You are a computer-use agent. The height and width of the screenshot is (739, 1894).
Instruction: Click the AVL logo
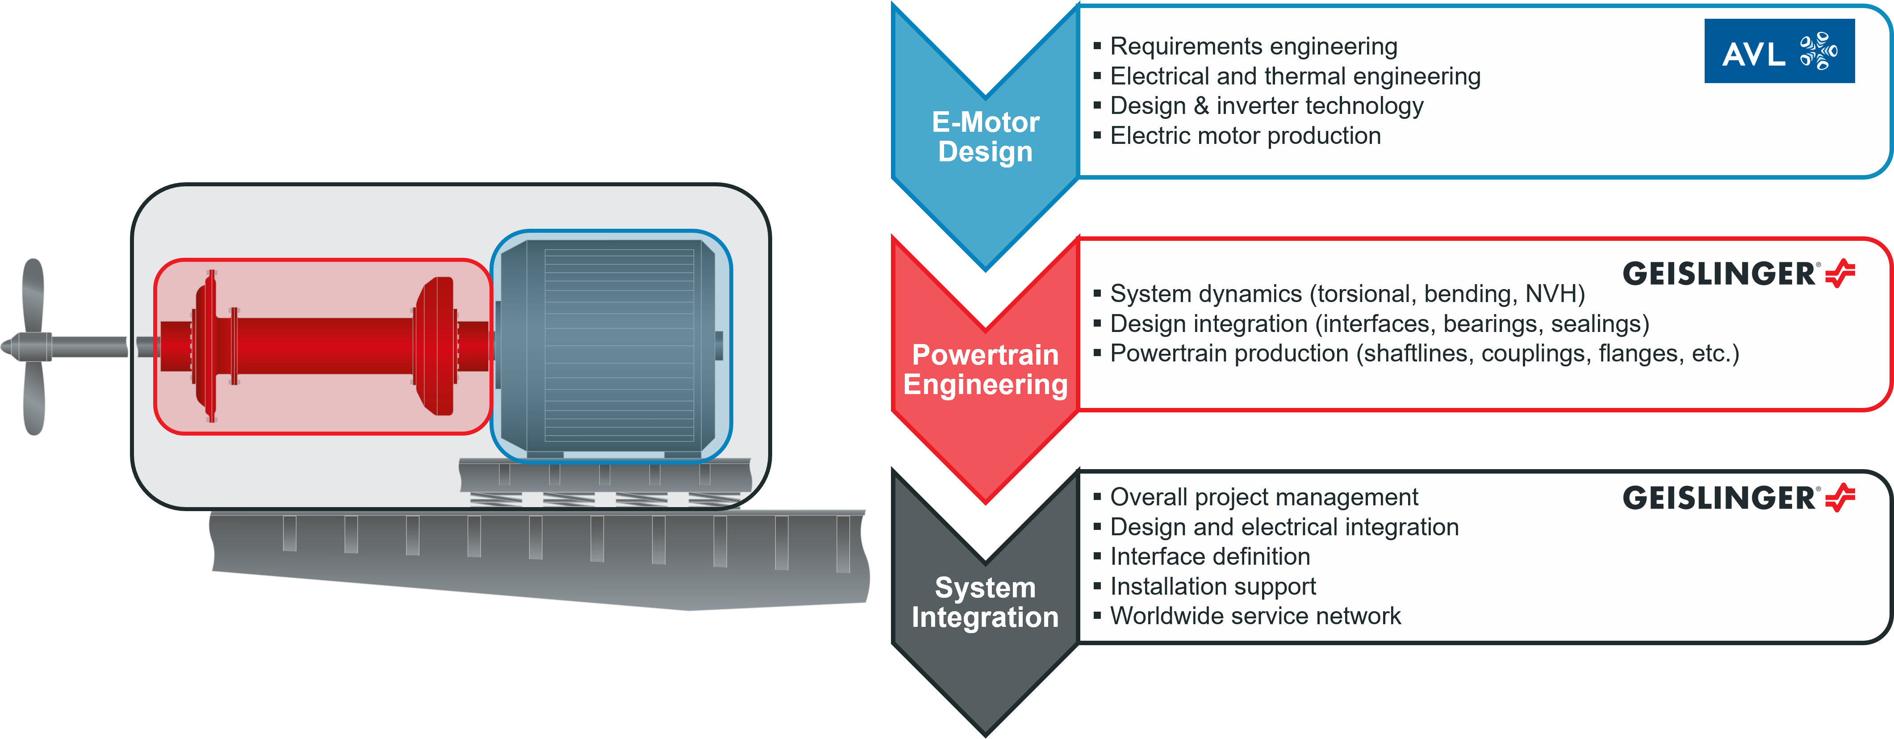point(1779,51)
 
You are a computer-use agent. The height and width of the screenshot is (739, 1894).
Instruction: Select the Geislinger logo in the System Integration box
point(1738,498)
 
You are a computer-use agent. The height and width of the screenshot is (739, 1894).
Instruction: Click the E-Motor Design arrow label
point(985,137)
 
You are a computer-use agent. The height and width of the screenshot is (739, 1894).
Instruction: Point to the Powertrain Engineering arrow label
point(985,370)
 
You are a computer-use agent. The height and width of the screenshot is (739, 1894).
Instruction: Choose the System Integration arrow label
point(985,602)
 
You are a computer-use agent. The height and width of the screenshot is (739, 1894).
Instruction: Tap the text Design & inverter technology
point(1266,106)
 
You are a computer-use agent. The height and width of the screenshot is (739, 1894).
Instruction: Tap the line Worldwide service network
point(1255,616)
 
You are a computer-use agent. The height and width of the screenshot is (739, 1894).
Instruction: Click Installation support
point(1212,587)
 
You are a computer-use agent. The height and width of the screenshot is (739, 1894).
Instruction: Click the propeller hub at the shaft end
point(29,346)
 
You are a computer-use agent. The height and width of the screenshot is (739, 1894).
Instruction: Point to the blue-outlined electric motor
point(612,346)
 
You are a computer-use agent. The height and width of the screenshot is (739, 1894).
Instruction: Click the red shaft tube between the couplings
point(323,346)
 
